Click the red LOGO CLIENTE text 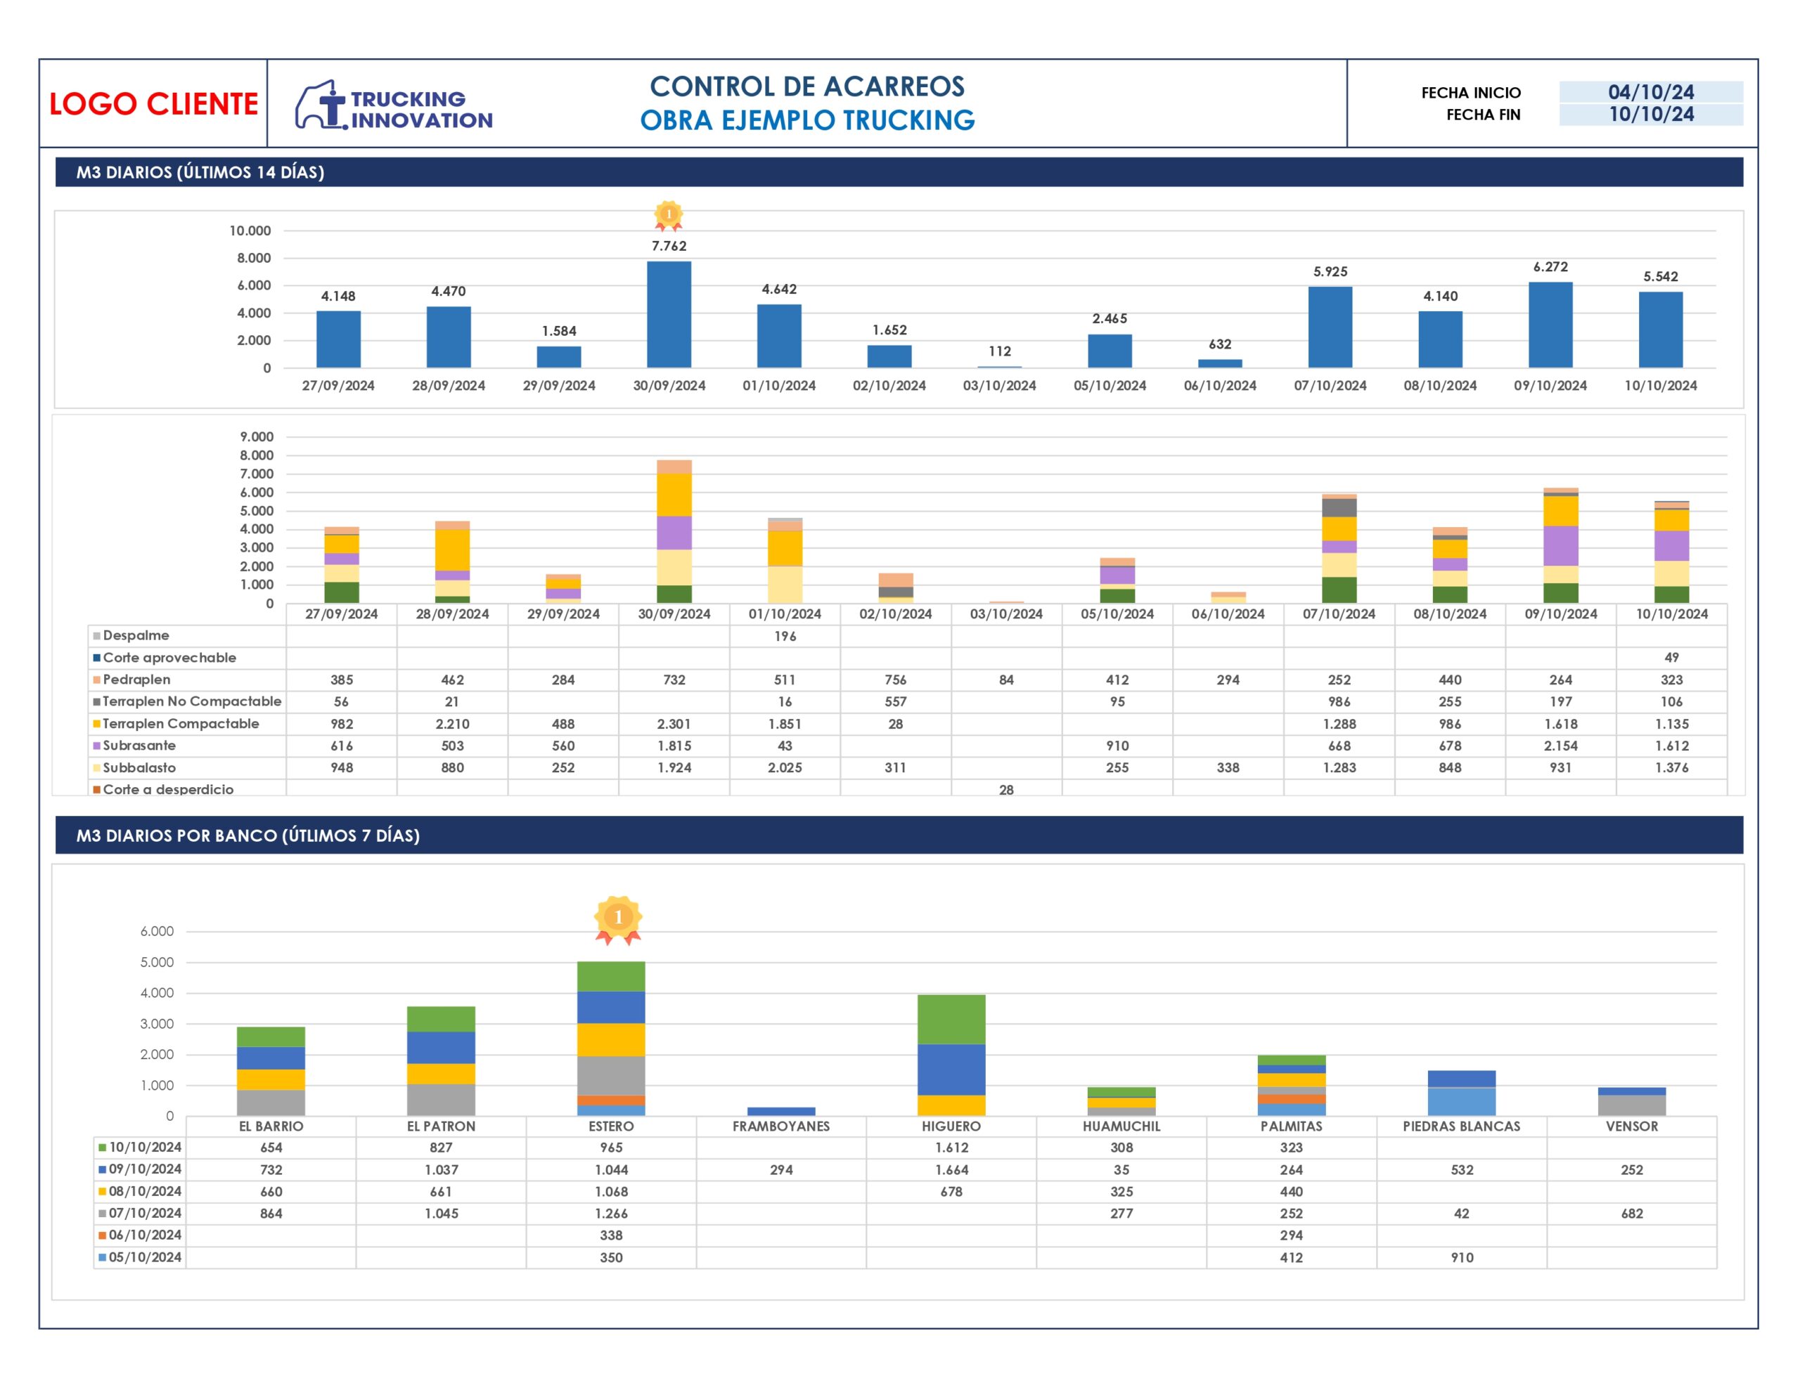pyautogui.click(x=153, y=104)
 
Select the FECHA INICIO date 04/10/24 pyautogui.click(x=1650, y=92)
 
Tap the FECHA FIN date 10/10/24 pyautogui.click(x=1650, y=115)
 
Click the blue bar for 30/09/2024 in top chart pyautogui.click(x=669, y=314)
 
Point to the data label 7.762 pyautogui.click(x=669, y=245)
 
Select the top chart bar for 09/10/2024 pyautogui.click(x=1550, y=325)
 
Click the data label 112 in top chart pyautogui.click(x=999, y=351)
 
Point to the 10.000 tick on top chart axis pyautogui.click(x=250, y=230)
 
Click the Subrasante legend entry pyautogui.click(x=139, y=745)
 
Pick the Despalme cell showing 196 pyautogui.click(x=785, y=636)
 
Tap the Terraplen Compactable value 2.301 pyautogui.click(x=674, y=723)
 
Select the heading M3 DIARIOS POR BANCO pyautogui.click(x=247, y=836)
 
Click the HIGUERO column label pyautogui.click(x=951, y=1126)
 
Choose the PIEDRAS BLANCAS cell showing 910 pyautogui.click(x=1461, y=1257)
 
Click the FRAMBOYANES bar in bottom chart pyautogui.click(x=780, y=1111)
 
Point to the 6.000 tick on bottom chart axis pyautogui.click(x=157, y=931)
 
